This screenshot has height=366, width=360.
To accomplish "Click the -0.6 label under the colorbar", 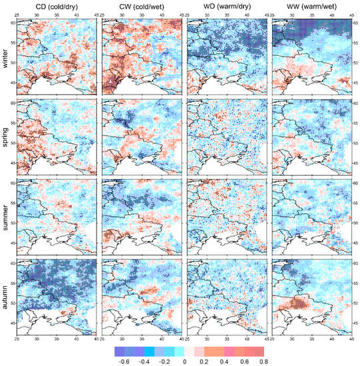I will pyautogui.click(x=123, y=360).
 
